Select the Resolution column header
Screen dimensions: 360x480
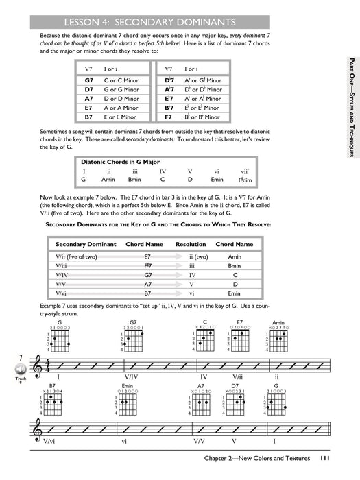(x=191, y=244)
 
